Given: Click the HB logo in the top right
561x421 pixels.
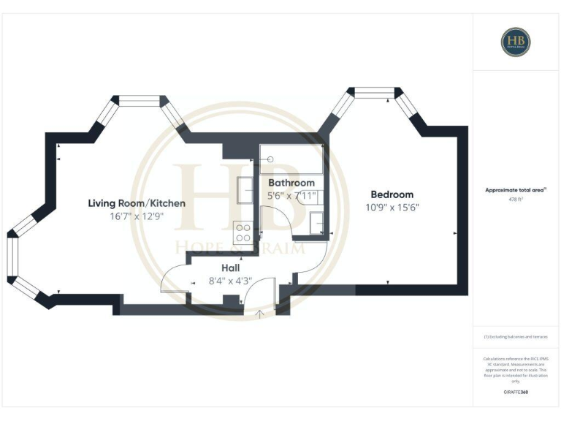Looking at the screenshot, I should [x=515, y=42].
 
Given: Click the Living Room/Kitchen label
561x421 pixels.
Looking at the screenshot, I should [x=137, y=203].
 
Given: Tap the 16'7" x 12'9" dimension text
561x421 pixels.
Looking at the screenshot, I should [x=137, y=217].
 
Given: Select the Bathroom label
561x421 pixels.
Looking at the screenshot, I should [x=291, y=183].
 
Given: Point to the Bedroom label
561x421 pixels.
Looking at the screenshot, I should [x=392, y=194].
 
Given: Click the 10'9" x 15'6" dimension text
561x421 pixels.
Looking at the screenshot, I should [x=392, y=208].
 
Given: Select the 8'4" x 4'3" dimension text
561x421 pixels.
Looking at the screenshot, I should [x=231, y=281].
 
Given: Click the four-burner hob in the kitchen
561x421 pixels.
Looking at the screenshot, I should [x=243, y=232].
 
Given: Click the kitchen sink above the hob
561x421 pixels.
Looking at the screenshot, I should [x=243, y=186].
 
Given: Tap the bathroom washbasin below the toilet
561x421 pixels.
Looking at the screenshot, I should [x=317, y=221].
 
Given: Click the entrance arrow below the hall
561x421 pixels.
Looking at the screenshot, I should [x=261, y=314].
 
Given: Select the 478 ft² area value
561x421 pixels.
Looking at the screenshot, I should [x=516, y=199].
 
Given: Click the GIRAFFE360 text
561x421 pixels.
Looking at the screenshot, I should [x=516, y=392].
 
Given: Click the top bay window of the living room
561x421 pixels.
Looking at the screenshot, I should [x=140, y=101].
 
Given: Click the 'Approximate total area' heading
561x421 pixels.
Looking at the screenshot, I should [x=516, y=189].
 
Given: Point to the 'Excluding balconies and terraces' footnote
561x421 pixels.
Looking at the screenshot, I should [x=516, y=337].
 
